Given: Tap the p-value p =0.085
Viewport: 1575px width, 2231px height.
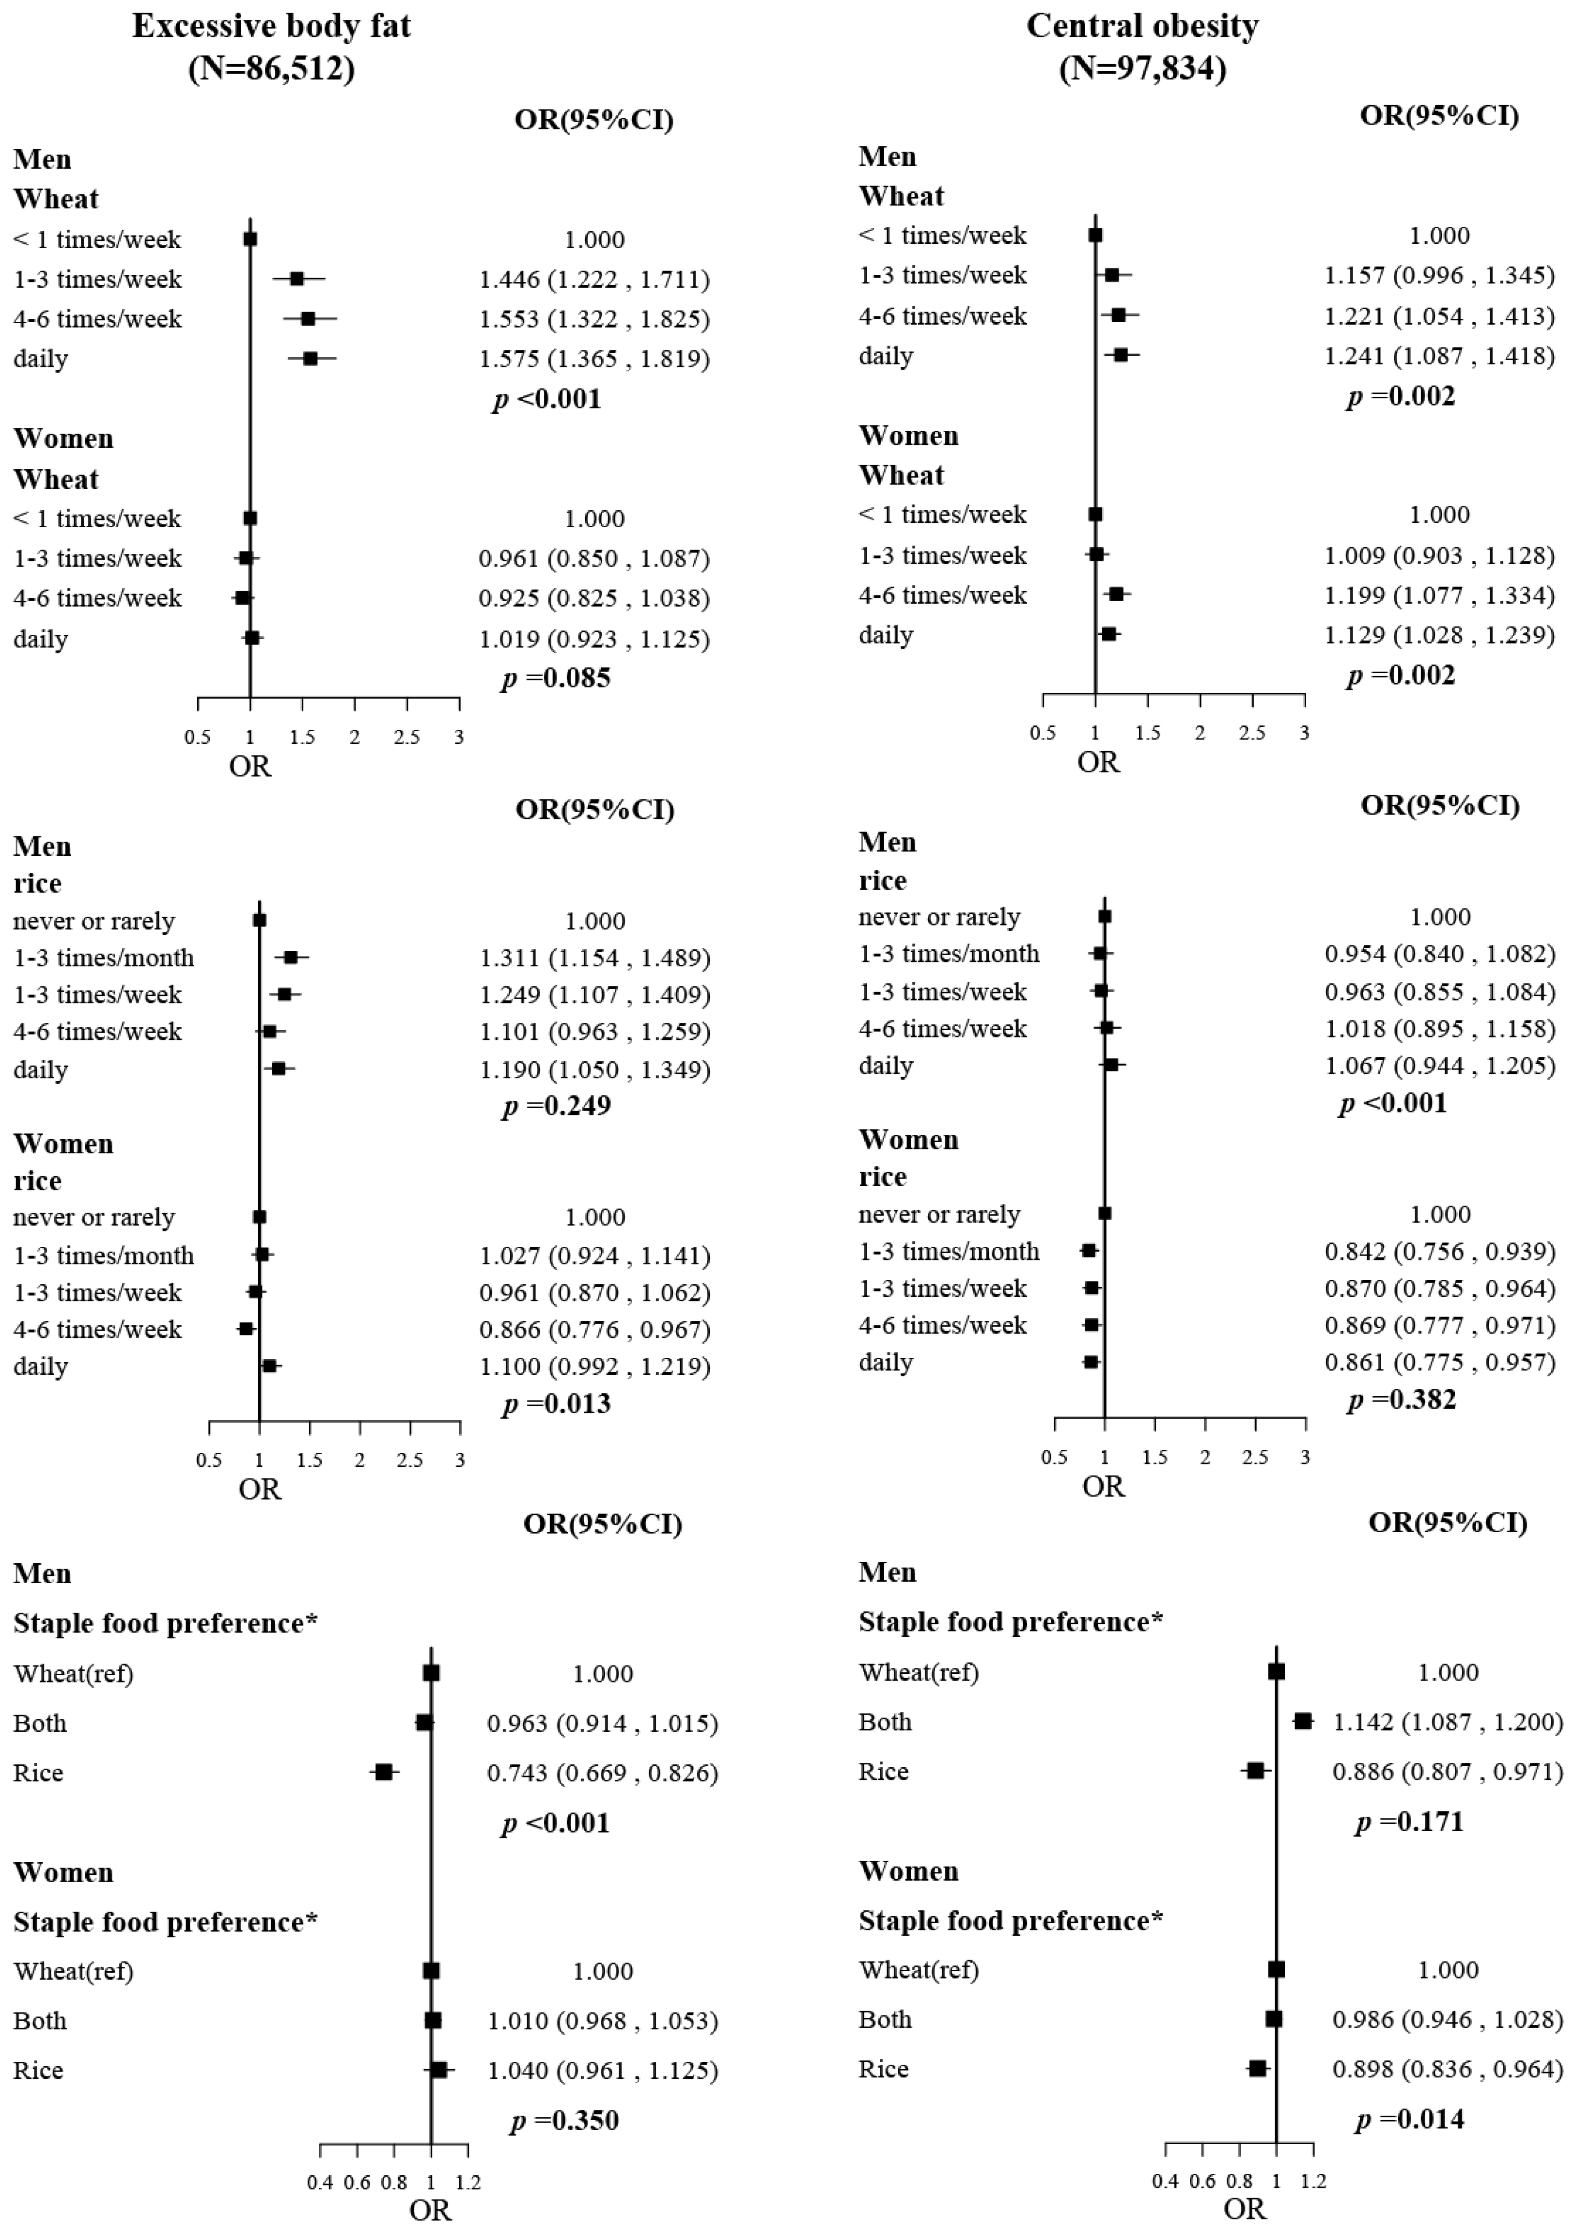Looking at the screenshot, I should point(556,678).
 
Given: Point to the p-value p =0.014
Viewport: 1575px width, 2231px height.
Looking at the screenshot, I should point(1409,2119).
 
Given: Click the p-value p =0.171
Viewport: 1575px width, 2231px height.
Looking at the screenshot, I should point(1409,1822).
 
